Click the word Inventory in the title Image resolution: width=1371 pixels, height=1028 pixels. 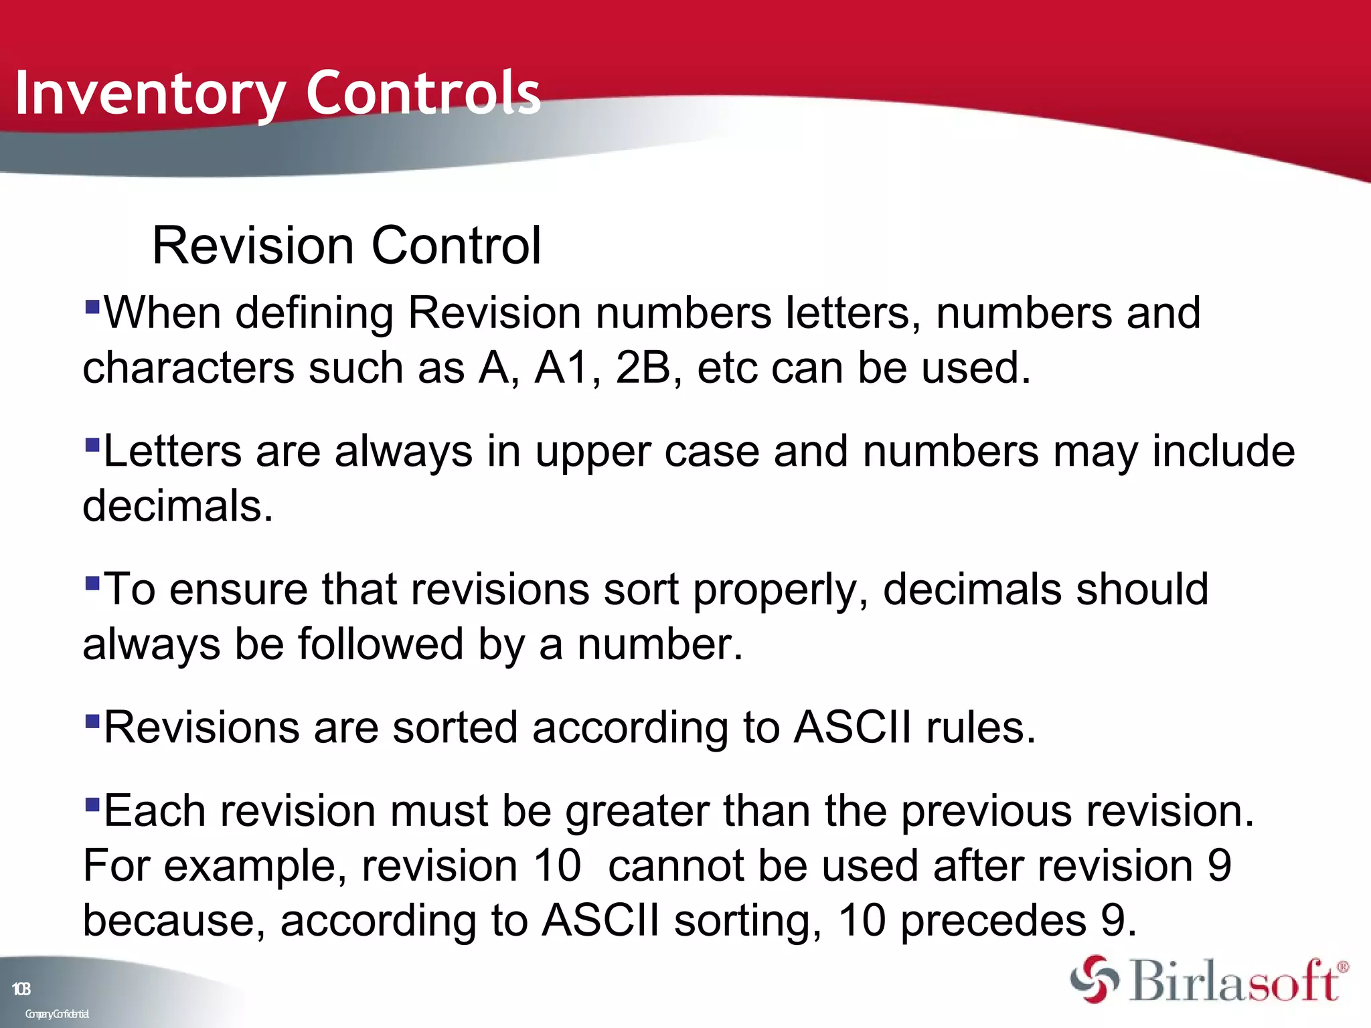(150, 94)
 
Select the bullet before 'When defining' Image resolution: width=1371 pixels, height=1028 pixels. (92, 307)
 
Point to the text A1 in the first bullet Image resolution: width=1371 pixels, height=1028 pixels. (561, 367)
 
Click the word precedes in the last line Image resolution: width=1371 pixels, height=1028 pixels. (993, 920)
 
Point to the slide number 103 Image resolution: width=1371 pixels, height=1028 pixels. (21, 989)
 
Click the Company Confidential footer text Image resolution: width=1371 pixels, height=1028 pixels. (57, 1014)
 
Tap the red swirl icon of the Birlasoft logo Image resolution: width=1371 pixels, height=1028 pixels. (1094, 980)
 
